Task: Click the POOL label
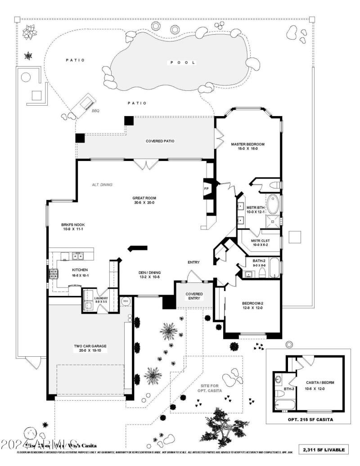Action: point(182,63)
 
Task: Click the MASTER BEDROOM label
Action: point(247,144)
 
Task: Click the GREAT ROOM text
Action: point(144,198)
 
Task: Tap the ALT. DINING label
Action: point(102,184)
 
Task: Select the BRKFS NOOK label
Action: point(73,224)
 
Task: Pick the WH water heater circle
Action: point(126,301)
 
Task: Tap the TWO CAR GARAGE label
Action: point(90,346)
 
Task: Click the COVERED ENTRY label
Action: point(194,296)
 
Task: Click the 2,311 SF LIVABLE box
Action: point(324,449)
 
